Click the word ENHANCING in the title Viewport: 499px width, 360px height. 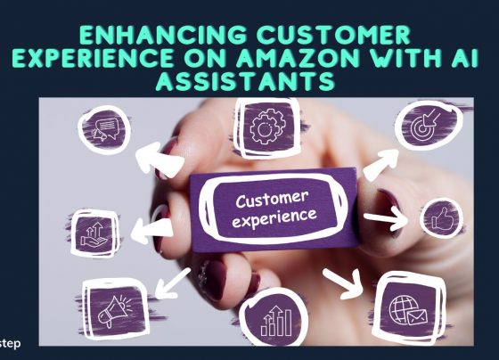(x=163, y=35)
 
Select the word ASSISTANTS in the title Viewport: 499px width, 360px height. (x=245, y=81)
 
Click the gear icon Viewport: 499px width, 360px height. (x=267, y=127)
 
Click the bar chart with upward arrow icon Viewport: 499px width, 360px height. (x=276, y=322)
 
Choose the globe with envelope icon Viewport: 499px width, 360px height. (x=408, y=310)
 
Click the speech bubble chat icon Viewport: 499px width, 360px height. (x=106, y=129)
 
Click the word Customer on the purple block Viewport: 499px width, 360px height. (x=273, y=199)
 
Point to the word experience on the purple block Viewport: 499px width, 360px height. (x=274, y=218)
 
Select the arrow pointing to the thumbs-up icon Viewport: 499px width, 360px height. (x=385, y=218)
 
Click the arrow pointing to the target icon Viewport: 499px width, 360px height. (x=380, y=164)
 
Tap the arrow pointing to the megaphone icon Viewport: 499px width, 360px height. (x=173, y=283)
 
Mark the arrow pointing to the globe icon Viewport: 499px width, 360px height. (x=343, y=283)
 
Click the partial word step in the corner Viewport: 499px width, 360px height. (x=10, y=344)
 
